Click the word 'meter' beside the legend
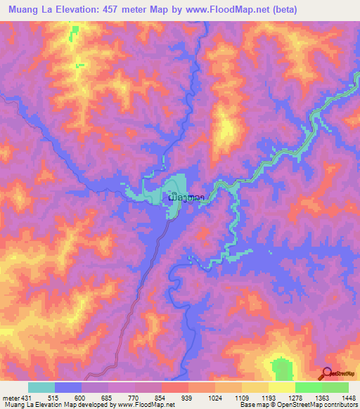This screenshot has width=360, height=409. tap(10, 397)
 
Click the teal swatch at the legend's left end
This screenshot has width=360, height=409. tap(41, 387)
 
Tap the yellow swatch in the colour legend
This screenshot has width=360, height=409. tap(282, 387)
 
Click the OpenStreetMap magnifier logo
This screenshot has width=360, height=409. tap(327, 373)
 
